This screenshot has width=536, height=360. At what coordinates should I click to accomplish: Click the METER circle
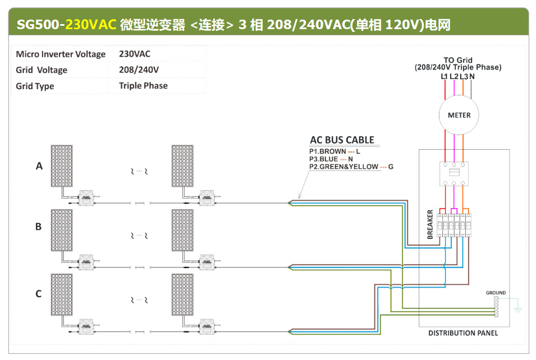(459, 115)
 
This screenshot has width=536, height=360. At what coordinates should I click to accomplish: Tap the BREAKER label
(430, 224)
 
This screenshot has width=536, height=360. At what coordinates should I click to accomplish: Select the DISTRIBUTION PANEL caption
(463, 333)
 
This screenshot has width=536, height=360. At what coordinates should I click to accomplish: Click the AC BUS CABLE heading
(342, 140)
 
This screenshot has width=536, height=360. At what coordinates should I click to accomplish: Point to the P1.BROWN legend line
(335, 151)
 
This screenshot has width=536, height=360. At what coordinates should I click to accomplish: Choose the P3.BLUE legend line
(331, 159)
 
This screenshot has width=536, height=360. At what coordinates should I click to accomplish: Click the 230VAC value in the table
(135, 54)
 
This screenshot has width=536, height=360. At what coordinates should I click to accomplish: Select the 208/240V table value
(139, 70)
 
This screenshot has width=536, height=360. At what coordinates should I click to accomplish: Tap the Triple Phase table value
(143, 86)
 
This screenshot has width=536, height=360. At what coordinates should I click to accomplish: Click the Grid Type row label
(35, 86)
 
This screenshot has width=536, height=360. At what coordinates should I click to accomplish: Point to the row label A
(39, 166)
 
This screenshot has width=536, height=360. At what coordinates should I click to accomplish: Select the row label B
(39, 227)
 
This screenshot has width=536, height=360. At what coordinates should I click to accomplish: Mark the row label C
(39, 293)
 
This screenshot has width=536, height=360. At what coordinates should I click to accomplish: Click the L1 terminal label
(445, 76)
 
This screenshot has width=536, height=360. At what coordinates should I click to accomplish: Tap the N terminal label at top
(472, 76)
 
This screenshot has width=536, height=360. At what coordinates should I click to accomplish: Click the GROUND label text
(496, 293)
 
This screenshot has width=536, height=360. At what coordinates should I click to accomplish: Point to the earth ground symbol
(518, 309)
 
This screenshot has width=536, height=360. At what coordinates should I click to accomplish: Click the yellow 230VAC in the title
(91, 25)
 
